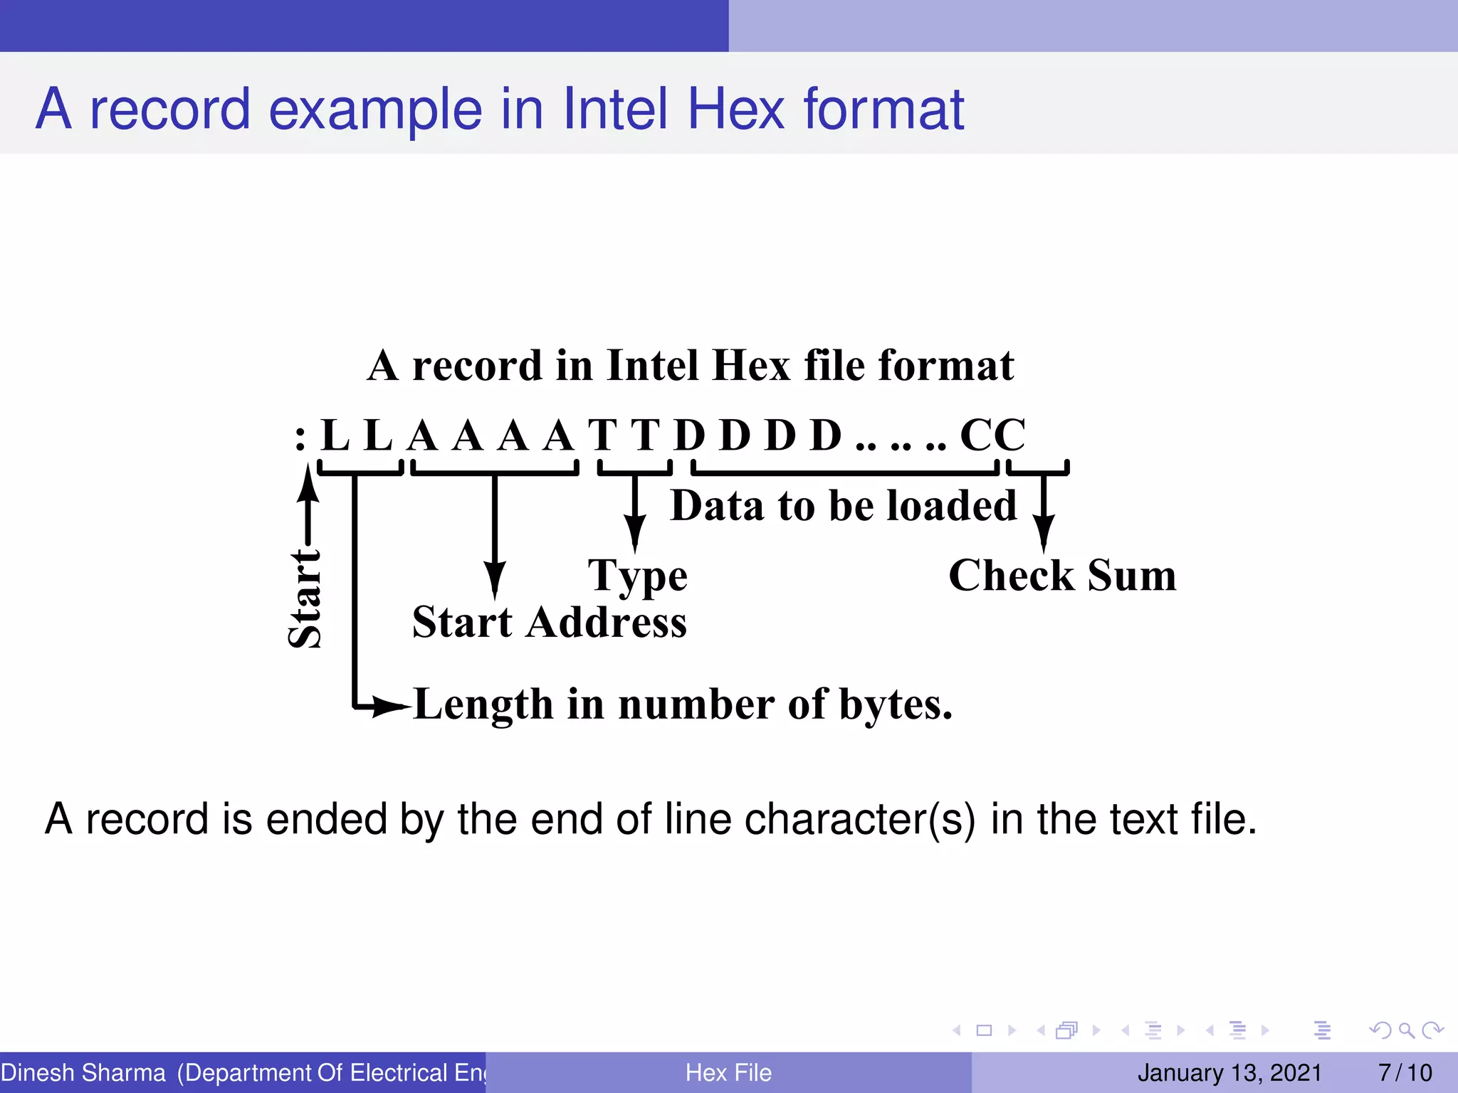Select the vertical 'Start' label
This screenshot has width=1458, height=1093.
(x=305, y=598)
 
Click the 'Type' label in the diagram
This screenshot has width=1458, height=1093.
(x=637, y=576)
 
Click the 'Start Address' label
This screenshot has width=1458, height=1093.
(x=549, y=623)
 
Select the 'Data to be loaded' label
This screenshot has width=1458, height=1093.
(x=844, y=506)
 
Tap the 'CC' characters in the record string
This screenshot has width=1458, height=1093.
(x=992, y=435)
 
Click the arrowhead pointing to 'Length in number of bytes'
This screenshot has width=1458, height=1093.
(x=390, y=707)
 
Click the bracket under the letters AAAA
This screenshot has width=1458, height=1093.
(x=495, y=470)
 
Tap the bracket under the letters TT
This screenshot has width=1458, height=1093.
(x=634, y=470)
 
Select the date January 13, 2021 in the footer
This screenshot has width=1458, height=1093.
(x=1229, y=1072)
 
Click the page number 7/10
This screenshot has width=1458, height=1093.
(x=1405, y=1072)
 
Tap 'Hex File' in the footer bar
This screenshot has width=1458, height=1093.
(x=728, y=1072)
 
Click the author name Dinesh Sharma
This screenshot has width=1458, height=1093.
(x=83, y=1072)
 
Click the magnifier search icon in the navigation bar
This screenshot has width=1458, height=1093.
(x=1406, y=1030)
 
